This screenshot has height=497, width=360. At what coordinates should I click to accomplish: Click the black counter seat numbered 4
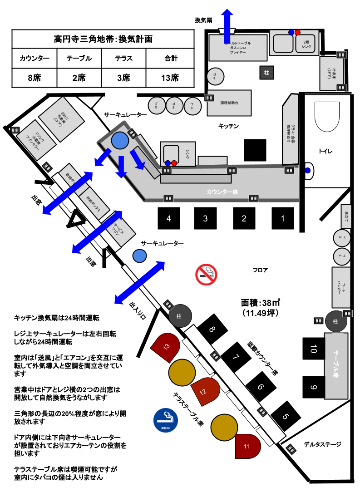pos(169,218)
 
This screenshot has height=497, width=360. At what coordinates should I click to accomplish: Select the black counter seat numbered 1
pos(282,218)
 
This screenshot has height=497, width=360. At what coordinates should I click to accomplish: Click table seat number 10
pos(314,349)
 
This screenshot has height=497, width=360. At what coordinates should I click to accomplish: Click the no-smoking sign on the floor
pos(206,274)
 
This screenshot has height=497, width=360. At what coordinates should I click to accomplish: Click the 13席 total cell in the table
pos(170,78)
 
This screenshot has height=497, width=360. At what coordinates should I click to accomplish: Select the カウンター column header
pos(35,58)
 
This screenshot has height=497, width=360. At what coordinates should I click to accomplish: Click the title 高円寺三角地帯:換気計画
pos(103,39)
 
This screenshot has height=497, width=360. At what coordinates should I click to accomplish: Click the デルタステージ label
pos(322,444)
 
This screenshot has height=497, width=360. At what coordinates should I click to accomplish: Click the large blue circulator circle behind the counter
pos(120,141)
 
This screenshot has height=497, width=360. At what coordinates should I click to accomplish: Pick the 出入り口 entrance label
pos(140,310)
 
